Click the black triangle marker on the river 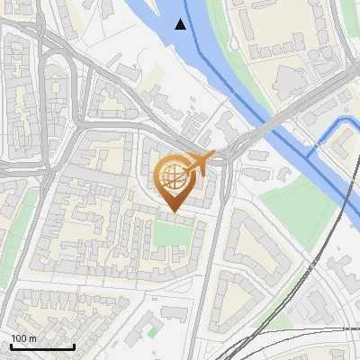pyautogui.click(x=182, y=24)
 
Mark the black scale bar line pyautogui.click(x=42, y=346)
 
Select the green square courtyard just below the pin pyautogui.click(x=173, y=232)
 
